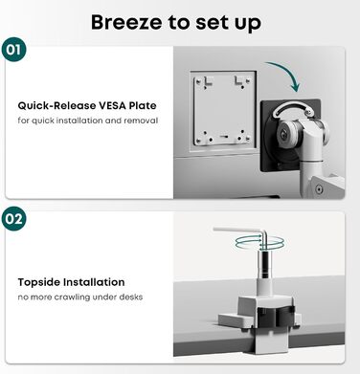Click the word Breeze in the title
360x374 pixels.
pyautogui.click(x=126, y=22)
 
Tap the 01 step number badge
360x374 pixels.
pyautogui.click(x=13, y=50)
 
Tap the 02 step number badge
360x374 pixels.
pyautogui.click(x=13, y=219)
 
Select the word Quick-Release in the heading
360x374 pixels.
pyautogui.click(x=56, y=105)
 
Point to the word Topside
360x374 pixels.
pyautogui.click(x=38, y=282)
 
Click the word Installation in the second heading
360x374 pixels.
pyautogui.click(x=94, y=282)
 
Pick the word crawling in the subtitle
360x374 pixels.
pyautogui.click(x=72, y=297)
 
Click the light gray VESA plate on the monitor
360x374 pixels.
pyautogui.click(x=223, y=109)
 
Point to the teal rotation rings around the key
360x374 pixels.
pyautogui.click(x=259, y=243)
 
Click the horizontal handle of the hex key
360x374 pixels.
pyautogui.click(x=237, y=231)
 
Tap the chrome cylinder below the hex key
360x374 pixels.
pyautogui.click(x=264, y=264)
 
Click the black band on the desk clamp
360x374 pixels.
pyautogui.click(x=276, y=317)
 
